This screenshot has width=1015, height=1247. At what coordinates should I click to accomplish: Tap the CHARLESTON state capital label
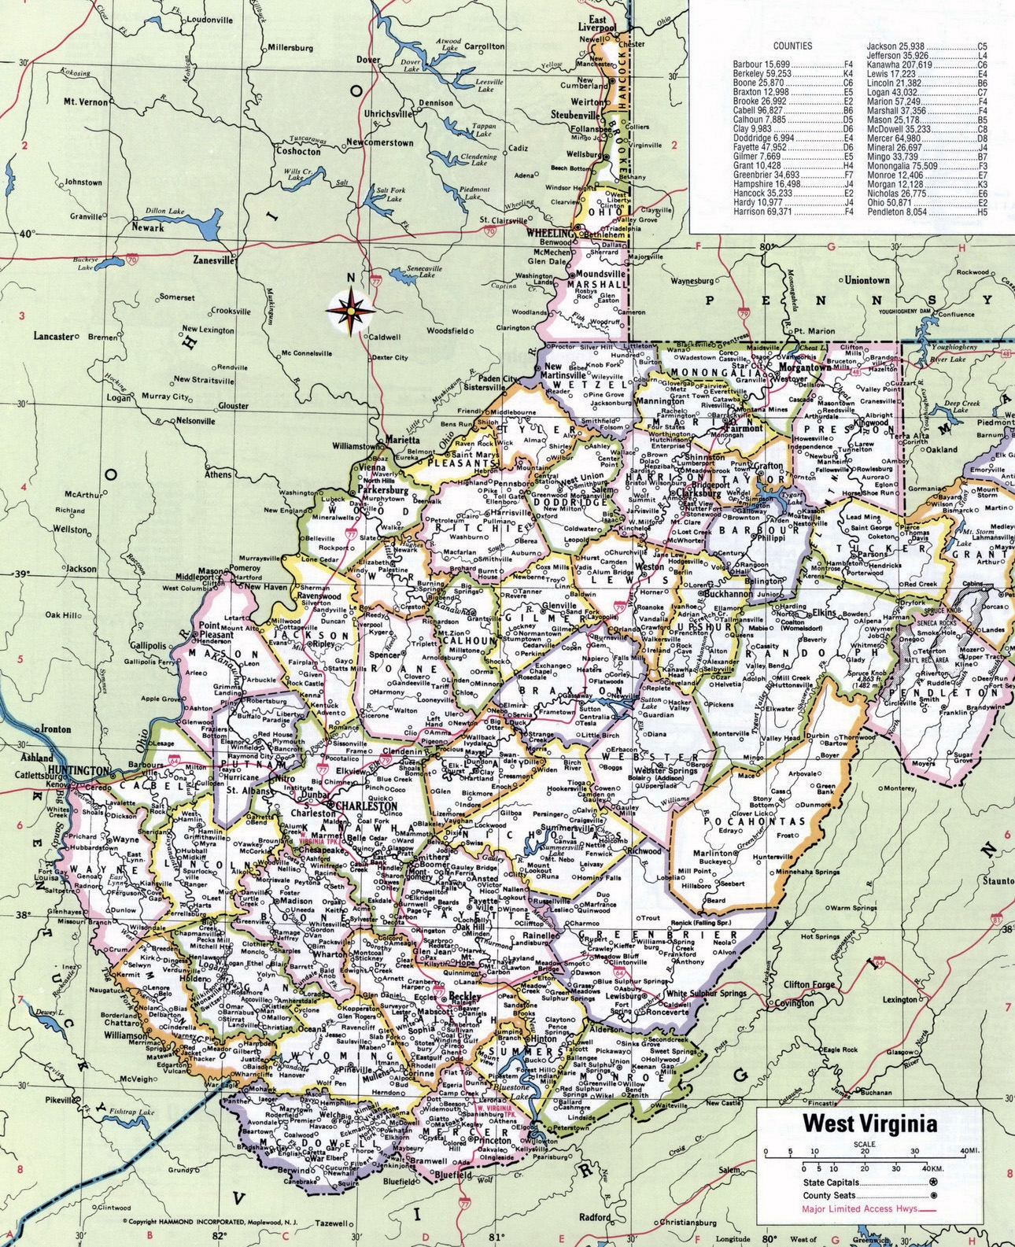[368, 806]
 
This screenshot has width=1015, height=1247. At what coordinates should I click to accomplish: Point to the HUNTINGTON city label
[78, 769]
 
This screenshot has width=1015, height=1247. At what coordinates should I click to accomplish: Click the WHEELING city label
[551, 234]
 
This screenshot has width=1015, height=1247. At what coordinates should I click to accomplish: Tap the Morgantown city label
[804, 367]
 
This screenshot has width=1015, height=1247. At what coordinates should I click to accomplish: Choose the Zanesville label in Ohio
[214, 259]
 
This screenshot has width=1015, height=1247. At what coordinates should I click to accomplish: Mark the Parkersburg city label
[383, 489]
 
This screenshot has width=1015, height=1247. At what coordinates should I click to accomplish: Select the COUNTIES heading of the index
[792, 46]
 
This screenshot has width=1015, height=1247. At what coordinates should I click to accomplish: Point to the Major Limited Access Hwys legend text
[859, 1208]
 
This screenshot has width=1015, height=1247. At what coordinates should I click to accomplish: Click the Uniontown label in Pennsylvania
[867, 279]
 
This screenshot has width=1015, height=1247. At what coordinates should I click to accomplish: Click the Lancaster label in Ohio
[53, 336]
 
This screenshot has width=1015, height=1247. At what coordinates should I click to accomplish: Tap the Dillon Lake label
[164, 211]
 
